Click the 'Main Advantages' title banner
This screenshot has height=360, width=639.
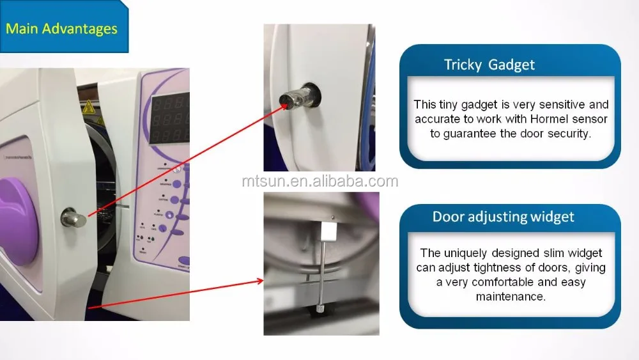tap(62, 29)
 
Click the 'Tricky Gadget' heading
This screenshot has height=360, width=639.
tap(489, 65)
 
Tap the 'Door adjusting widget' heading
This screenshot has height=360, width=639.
tap(503, 216)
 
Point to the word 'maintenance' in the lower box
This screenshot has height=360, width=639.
tap(510, 296)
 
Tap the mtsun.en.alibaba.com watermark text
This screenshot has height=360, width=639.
tap(319, 181)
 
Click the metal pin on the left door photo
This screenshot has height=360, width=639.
tap(72, 217)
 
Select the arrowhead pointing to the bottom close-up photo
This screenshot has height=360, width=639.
tap(261, 280)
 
